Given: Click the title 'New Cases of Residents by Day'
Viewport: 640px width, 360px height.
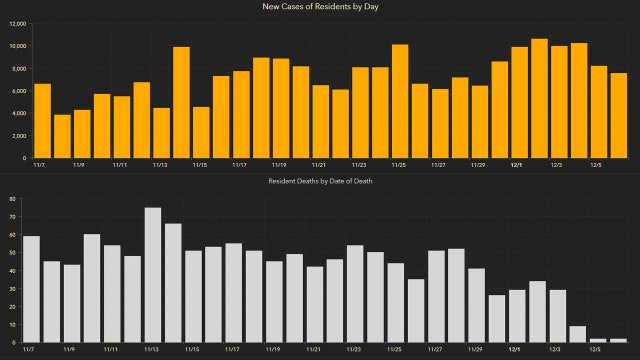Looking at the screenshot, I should click(321, 7).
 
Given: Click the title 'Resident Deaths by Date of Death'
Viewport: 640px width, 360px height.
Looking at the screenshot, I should click(321, 180).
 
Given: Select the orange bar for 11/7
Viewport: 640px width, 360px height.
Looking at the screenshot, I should click(42, 121).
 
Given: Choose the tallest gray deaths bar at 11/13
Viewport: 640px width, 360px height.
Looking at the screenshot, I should click(153, 275).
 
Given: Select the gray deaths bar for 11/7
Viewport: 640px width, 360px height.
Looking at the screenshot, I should click(31, 289).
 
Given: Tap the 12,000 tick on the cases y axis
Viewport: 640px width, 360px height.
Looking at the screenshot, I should click(17, 23).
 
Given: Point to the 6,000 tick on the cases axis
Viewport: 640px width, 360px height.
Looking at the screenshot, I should click(19, 91).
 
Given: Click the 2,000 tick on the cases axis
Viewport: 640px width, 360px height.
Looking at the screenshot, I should click(19, 136).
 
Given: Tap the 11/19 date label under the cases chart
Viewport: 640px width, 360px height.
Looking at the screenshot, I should click(280, 165).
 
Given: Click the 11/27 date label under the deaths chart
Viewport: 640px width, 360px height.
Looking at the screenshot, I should click(436, 350).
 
